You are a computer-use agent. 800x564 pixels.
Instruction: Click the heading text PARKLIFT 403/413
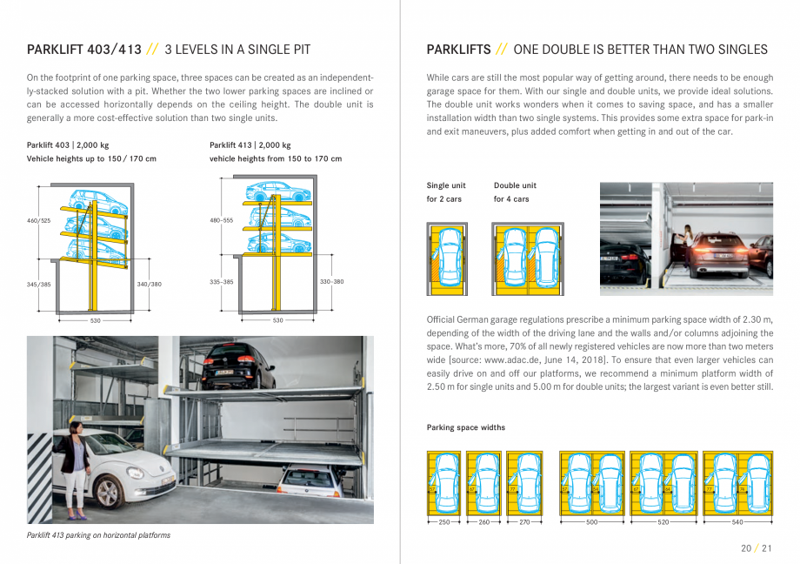[84, 50]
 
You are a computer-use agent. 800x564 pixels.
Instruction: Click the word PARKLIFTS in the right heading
[457, 50]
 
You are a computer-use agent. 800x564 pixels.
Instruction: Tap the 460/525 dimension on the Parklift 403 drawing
[39, 221]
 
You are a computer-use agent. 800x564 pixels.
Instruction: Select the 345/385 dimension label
[39, 284]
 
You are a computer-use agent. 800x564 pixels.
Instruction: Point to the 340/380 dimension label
[149, 284]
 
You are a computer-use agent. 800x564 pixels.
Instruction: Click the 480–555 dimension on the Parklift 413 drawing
[222, 221]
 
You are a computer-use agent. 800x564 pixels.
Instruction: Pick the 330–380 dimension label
[331, 282]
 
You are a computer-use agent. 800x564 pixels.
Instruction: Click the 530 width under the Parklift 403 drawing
[96, 321]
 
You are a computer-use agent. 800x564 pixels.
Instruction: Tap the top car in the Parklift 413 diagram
[277, 191]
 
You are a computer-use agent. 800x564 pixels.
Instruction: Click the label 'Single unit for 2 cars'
[446, 192]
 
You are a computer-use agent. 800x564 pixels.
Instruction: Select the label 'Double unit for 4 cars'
[515, 192]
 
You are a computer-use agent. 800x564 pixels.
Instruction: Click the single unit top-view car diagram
[447, 258]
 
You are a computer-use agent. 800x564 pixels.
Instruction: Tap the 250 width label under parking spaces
[444, 523]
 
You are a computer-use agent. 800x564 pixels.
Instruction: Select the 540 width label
[737, 523]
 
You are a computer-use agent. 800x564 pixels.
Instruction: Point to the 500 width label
[592, 523]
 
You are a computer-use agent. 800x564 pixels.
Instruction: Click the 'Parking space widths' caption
[465, 427]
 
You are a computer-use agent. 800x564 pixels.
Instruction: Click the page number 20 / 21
[755, 547]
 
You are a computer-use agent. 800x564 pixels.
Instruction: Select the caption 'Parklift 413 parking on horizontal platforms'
[98, 535]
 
